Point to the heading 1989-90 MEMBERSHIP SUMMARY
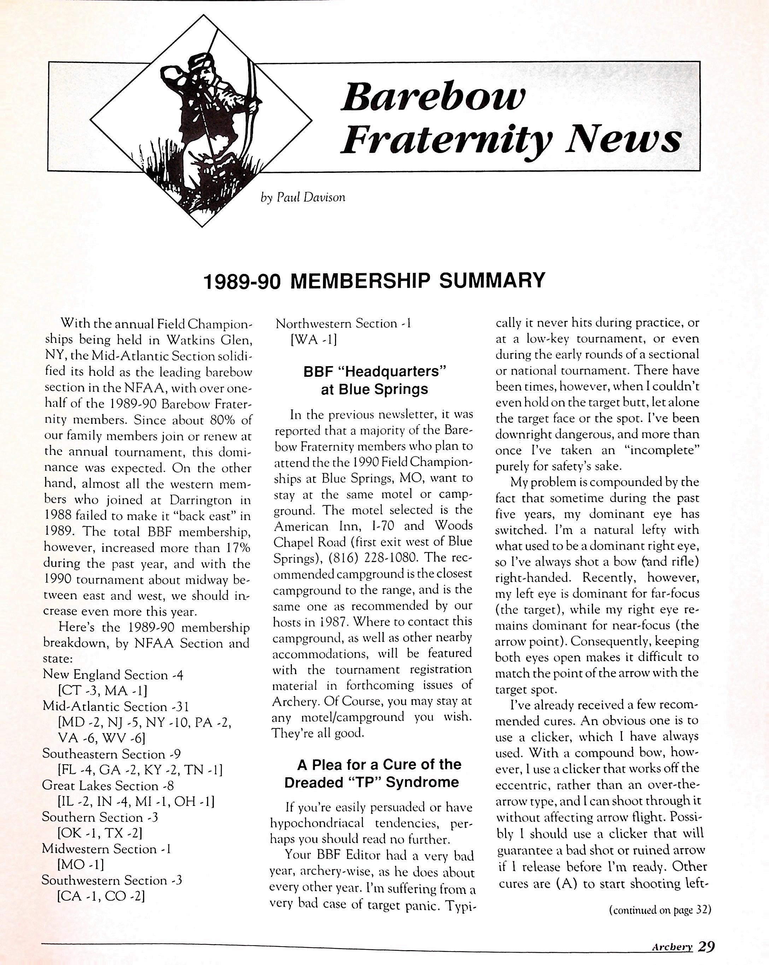(x=374, y=281)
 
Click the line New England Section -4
(x=113, y=674)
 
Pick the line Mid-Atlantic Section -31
(x=116, y=707)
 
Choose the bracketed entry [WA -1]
(x=313, y=340)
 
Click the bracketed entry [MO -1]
(x=81, y=864)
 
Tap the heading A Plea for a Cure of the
(x=379, y=764)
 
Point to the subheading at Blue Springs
(x=374, y=390)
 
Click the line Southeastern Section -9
(x=111, y=754)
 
